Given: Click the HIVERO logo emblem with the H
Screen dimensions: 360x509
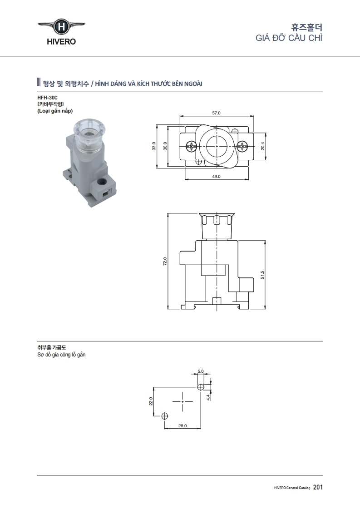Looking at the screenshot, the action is click(x=61, y=26).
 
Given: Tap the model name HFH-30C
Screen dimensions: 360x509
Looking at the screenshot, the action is click(x=47, y=97).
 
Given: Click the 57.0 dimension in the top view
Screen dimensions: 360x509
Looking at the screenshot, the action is click(x=216, y=113).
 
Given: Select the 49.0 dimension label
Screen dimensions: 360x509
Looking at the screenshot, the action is click(x=216, y=177).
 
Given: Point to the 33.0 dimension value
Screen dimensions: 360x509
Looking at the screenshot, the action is click(x=154, y=146).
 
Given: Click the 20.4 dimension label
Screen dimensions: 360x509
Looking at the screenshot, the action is click(x=262, y=146).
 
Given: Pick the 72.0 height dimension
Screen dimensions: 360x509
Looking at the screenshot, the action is click(x=165, y=262).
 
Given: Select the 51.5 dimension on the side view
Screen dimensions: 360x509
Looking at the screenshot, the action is click(x=262, y=275).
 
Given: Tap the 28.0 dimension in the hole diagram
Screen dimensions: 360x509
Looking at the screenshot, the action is click(x=182, y=425).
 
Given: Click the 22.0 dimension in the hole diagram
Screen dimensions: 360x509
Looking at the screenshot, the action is click(x=151, y=401).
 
